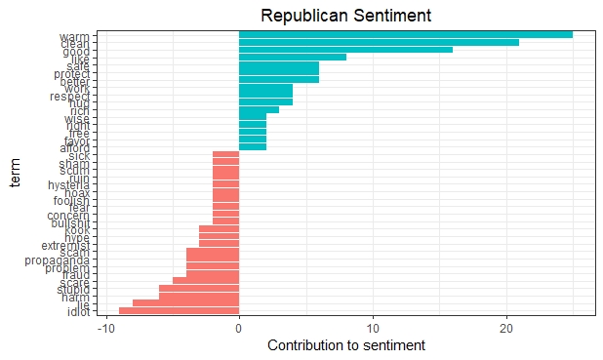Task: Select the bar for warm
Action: click(405, 34)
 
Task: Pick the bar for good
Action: click(345, 51)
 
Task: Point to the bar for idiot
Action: click(179, 311)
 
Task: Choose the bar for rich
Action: click(259, 109)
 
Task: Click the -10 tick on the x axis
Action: click(106, 328)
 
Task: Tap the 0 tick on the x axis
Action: click(239, 328)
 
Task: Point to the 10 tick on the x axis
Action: click(372, 328)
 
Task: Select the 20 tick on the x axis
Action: click(505, 328)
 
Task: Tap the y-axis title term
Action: click(14, 173)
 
